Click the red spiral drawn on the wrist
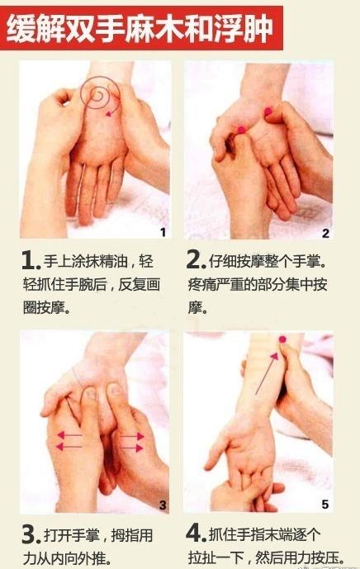pos(100,99)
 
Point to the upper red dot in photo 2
pos(267,109)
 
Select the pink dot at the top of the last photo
pos(282,340)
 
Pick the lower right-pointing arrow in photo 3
pos(130,447)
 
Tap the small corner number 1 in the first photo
pos(163,232)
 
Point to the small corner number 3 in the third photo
pos(162,505)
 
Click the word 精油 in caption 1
pos(118,263)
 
